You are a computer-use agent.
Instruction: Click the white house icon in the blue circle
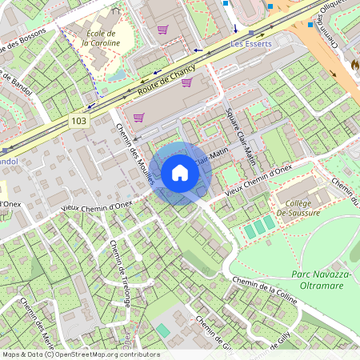click(x=180, y=173)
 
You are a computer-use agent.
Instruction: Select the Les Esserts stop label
click(x=251, y=44)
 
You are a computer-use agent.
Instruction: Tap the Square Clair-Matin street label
click(x=241, y=138)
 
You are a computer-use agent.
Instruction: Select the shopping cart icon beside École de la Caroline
click(x=163, y=30)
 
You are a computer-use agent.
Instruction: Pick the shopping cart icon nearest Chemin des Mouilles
click(x=138, y=117)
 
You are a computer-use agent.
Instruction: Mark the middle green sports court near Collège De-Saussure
click(x=259, y=227)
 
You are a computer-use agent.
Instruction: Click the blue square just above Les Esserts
click(x=234, y=30)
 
